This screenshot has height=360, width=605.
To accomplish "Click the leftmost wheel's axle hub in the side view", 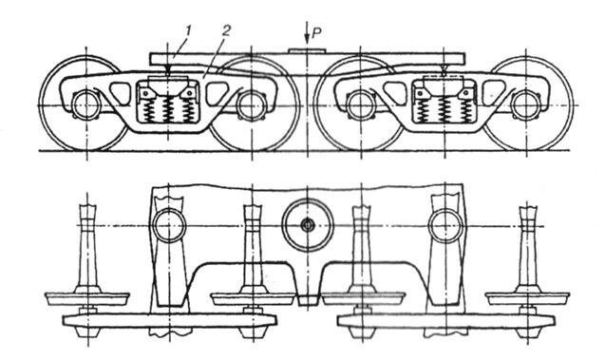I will pos(84,102).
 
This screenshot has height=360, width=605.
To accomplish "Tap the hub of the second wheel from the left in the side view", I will pos(251,102).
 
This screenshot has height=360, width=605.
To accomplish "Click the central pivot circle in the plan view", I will pos(308,226).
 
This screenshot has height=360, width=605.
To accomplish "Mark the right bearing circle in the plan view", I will pos(444,227).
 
